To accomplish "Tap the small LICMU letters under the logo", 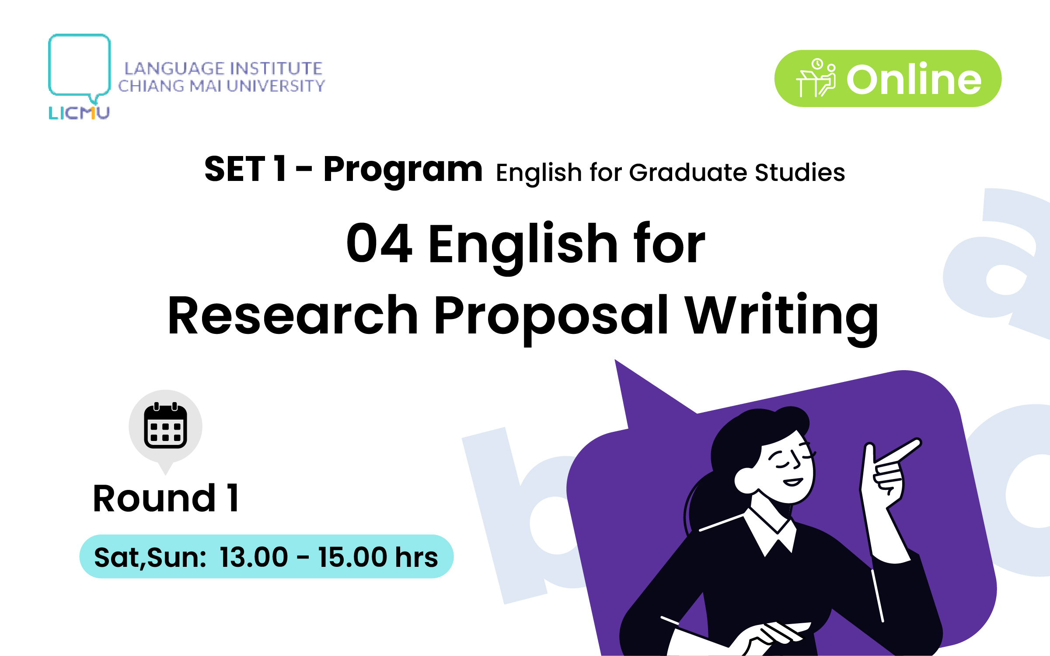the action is pos(79,113).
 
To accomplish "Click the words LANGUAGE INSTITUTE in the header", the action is pos(223,69).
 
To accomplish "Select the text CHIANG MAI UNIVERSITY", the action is pos(221,86).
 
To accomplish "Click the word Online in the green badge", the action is pos(914,79).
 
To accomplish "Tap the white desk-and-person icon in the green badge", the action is pos(816,78).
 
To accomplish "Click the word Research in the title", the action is pos(293,315).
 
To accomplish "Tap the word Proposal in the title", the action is pos(551,317).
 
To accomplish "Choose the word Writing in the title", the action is pos(781,317).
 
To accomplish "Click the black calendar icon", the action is pos(166,425).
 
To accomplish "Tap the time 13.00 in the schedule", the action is pos(254,557).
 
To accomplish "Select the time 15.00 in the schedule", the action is pos(352,557).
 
